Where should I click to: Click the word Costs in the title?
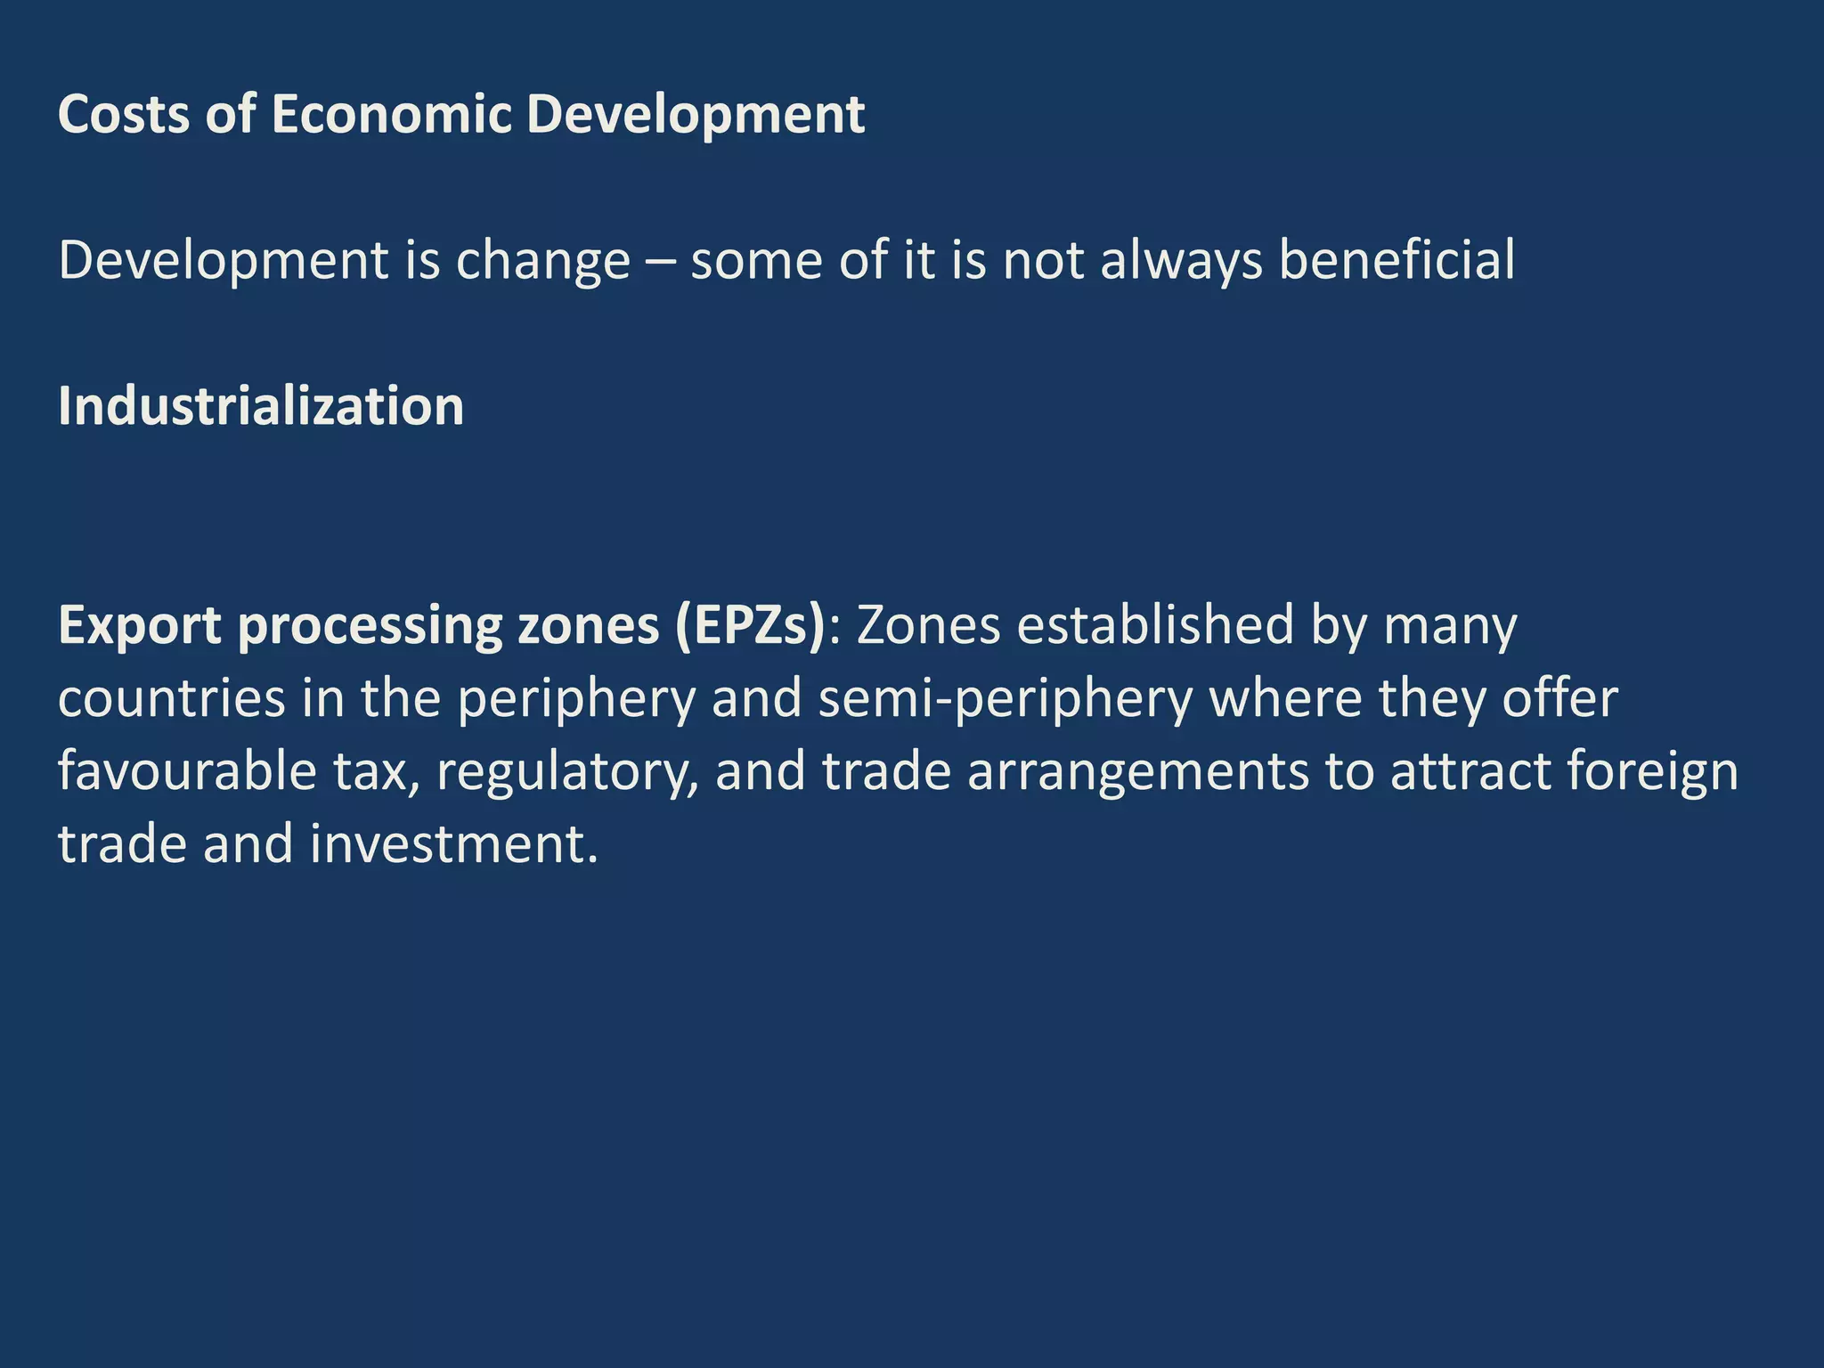pyautogui.click(x=124, y=115)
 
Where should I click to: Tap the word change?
pyautogui.click(x=543, y=261)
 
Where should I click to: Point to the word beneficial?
pyautogui.click(x=1396, y=261)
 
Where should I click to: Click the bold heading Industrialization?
pyautogui.click(x=261, y=407)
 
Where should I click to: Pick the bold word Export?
pyautogui.click(x=139, y=626)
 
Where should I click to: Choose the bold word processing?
pyautogui.click(x=369, y=626)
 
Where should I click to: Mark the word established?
pyautogui.click(x=1155, y=626)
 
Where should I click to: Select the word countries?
pyautogui.click(x=172, y=699)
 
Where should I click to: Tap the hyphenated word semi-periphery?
pyautogui.click(x=1005, y=699)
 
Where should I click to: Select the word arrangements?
pyautogui.click(x=1138, y=772)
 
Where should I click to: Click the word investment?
pyautogui.click(x=454, y=845)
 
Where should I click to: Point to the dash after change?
pyautogui.click(x=660, y=263)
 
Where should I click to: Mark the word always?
pyautogui.click(x=1182, y=261)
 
